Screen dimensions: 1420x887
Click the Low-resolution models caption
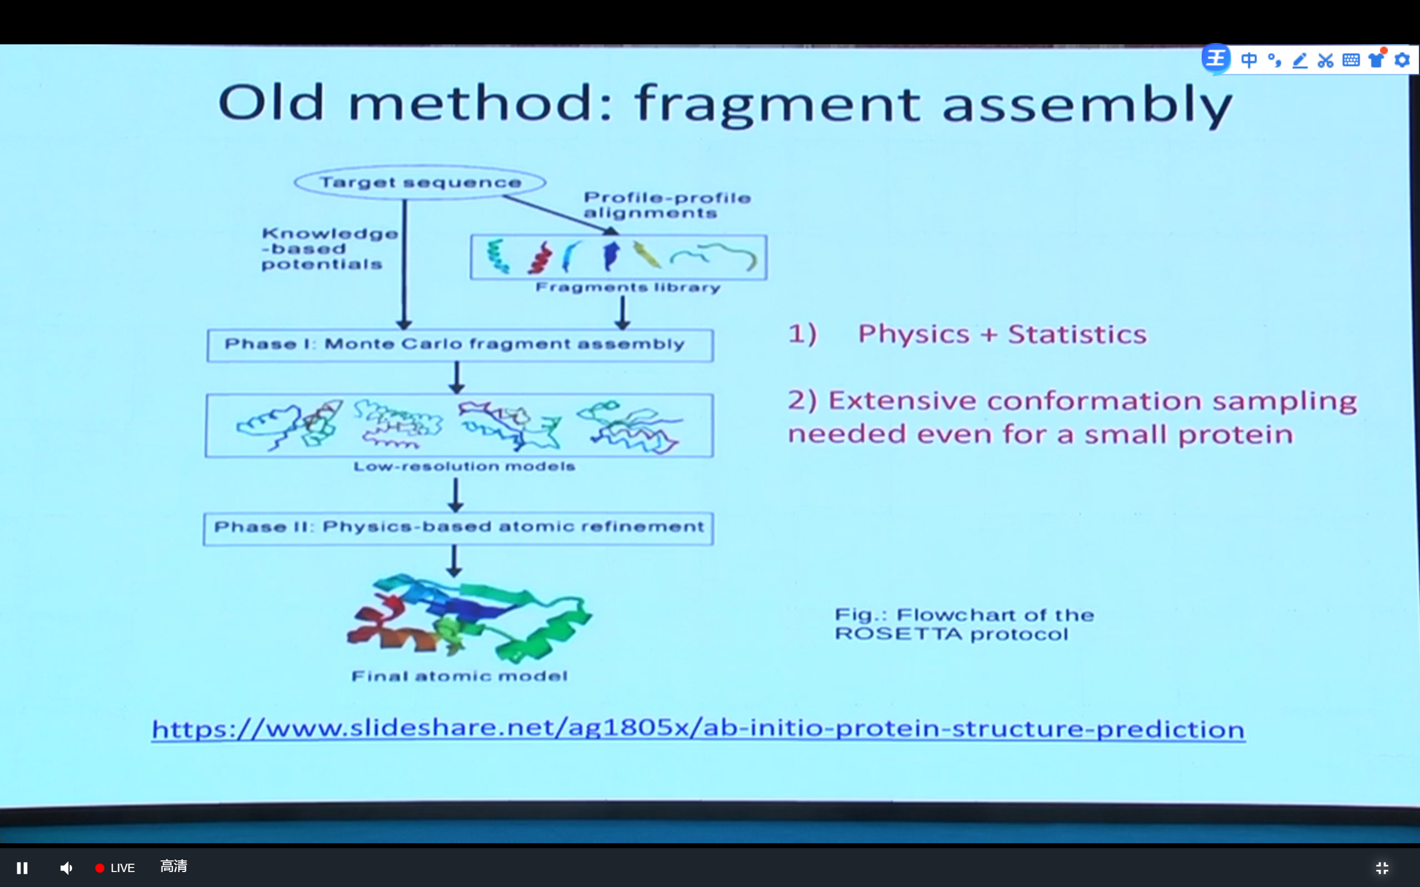pyautogui.click(x=464, y=466)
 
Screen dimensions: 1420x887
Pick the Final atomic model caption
pyautogui.click(x=459, y=676)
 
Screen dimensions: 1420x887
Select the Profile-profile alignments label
pyautogui.click(x=667, y=205)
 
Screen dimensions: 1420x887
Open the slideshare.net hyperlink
pyautogui.click(x=698, y=728)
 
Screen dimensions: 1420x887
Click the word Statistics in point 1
pyautogui.click(x=1077, y=334)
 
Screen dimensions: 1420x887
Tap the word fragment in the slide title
pyautogui.click(x=778, y=104)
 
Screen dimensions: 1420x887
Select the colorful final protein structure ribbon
pyautogui.click(x=469, y=618)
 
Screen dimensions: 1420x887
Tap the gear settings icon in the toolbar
pyautogui.click(x=1402, y=60)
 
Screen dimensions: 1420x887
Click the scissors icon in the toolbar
pyautogui.click(x=1325, y=60)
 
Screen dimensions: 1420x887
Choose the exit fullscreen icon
pyautogui.click(x=1382, y=868)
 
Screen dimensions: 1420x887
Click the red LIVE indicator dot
pyautogui.click(x=100, y=868)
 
